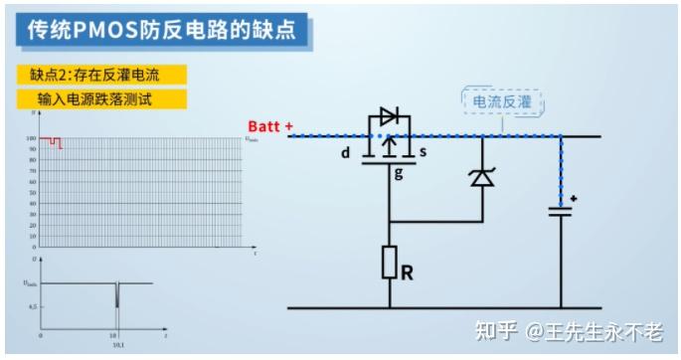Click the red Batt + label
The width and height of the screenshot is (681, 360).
[x=270, y=128]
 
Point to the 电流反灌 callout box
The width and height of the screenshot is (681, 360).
[x=503, y=101]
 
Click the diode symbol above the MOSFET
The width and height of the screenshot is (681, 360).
[x=389, y=116]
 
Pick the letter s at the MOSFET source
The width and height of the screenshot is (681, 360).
[x=423, y=152]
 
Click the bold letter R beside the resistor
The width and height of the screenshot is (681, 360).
[x=407, y=270]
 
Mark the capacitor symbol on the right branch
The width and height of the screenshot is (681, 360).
[x=561, y=210]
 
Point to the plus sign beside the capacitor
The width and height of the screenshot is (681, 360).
[x=574, y=199]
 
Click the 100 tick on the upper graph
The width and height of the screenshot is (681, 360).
[x=32, y=138]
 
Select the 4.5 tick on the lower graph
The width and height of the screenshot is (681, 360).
[x=33, y=308]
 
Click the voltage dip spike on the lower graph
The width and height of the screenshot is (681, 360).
[x=117, y=296]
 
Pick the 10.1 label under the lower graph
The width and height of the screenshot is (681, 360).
[x=117, y=345]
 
